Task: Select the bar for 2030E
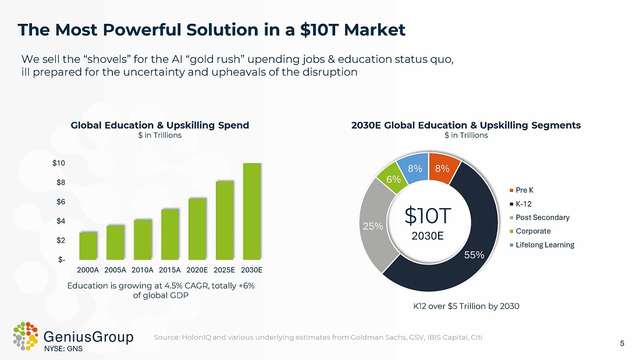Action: click(252, 211)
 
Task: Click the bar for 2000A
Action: click(88, 245)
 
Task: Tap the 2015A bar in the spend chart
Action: click(170, 234)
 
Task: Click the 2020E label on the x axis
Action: click(197, 270)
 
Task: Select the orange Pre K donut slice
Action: click(443, 168)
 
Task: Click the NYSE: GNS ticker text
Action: click(63, 349)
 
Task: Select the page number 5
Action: click(622, 343)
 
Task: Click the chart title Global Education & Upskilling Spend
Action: click(159, 125)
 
